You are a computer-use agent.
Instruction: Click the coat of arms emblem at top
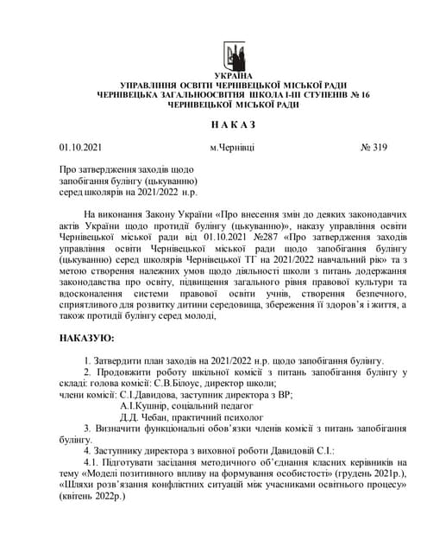click(x=234, y=58)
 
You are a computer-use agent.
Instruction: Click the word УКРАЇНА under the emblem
click(x=234, y=78)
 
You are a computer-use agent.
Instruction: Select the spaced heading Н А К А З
click(x=233, y=124)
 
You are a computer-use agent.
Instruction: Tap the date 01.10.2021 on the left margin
click(x=82, y=147)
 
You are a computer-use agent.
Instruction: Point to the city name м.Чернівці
click(x=233, y=147)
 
